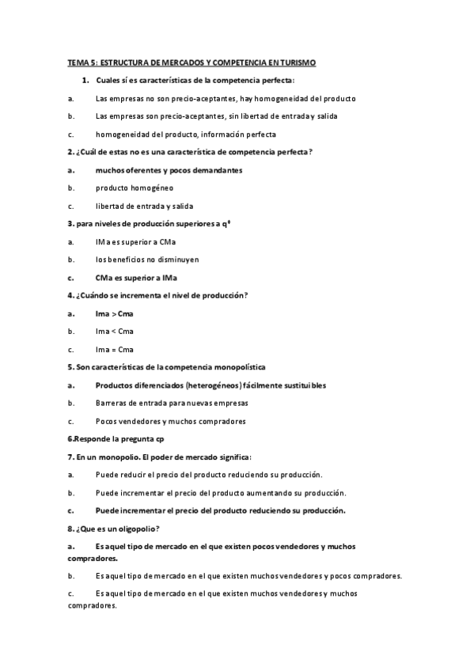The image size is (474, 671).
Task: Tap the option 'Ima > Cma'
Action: point(115,313)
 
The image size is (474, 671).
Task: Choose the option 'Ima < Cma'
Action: point(115,331)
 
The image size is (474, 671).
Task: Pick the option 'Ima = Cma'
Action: point(115,349)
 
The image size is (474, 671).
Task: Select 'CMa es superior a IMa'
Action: point(136,278)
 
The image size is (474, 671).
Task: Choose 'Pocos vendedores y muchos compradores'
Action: point(170,421)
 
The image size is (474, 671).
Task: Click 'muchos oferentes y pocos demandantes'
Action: point(169,170)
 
